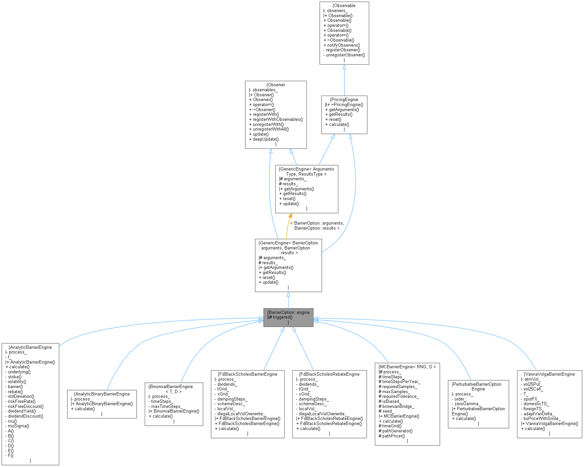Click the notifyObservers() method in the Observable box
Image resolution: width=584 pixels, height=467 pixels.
(x=341, y=45)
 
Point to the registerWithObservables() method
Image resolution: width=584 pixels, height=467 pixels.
(x=276, y=119)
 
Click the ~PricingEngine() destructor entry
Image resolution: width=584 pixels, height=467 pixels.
(x=345, y=104)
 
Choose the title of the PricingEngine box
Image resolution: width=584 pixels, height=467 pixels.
(x=344, y=99)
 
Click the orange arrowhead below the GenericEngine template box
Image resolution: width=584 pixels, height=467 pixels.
(x=290, y=216)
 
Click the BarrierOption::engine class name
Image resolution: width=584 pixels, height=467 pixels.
(x=288, y=312)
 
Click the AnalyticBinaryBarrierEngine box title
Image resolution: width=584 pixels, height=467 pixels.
(x=102, y=394)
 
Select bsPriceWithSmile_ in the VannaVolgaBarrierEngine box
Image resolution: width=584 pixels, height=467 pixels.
(x=542, y=418)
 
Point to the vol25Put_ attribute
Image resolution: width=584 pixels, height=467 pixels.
(x=532, y=384)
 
